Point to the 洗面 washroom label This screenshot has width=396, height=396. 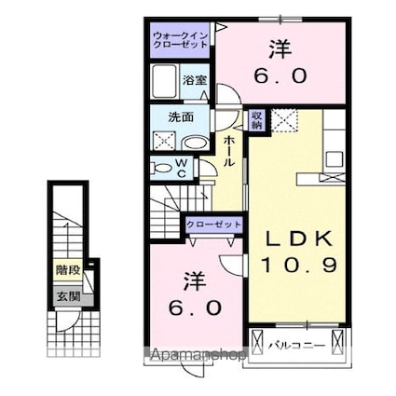coord(180,118)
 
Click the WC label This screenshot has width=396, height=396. coord(183,168)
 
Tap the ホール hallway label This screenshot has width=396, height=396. coord(228,149)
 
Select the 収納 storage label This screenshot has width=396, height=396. coord(256,118)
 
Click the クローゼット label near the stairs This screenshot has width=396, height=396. coord(214,225)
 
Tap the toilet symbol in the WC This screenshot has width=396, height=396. coord(158,169)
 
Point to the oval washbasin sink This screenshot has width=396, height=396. coord(196,143)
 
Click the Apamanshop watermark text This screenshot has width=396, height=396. coord(193,355)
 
